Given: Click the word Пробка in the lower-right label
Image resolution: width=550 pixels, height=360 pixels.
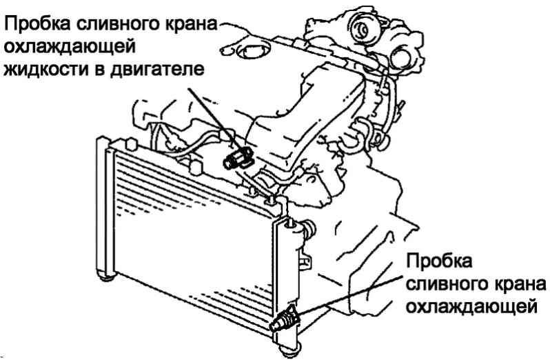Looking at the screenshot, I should point(440,263).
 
